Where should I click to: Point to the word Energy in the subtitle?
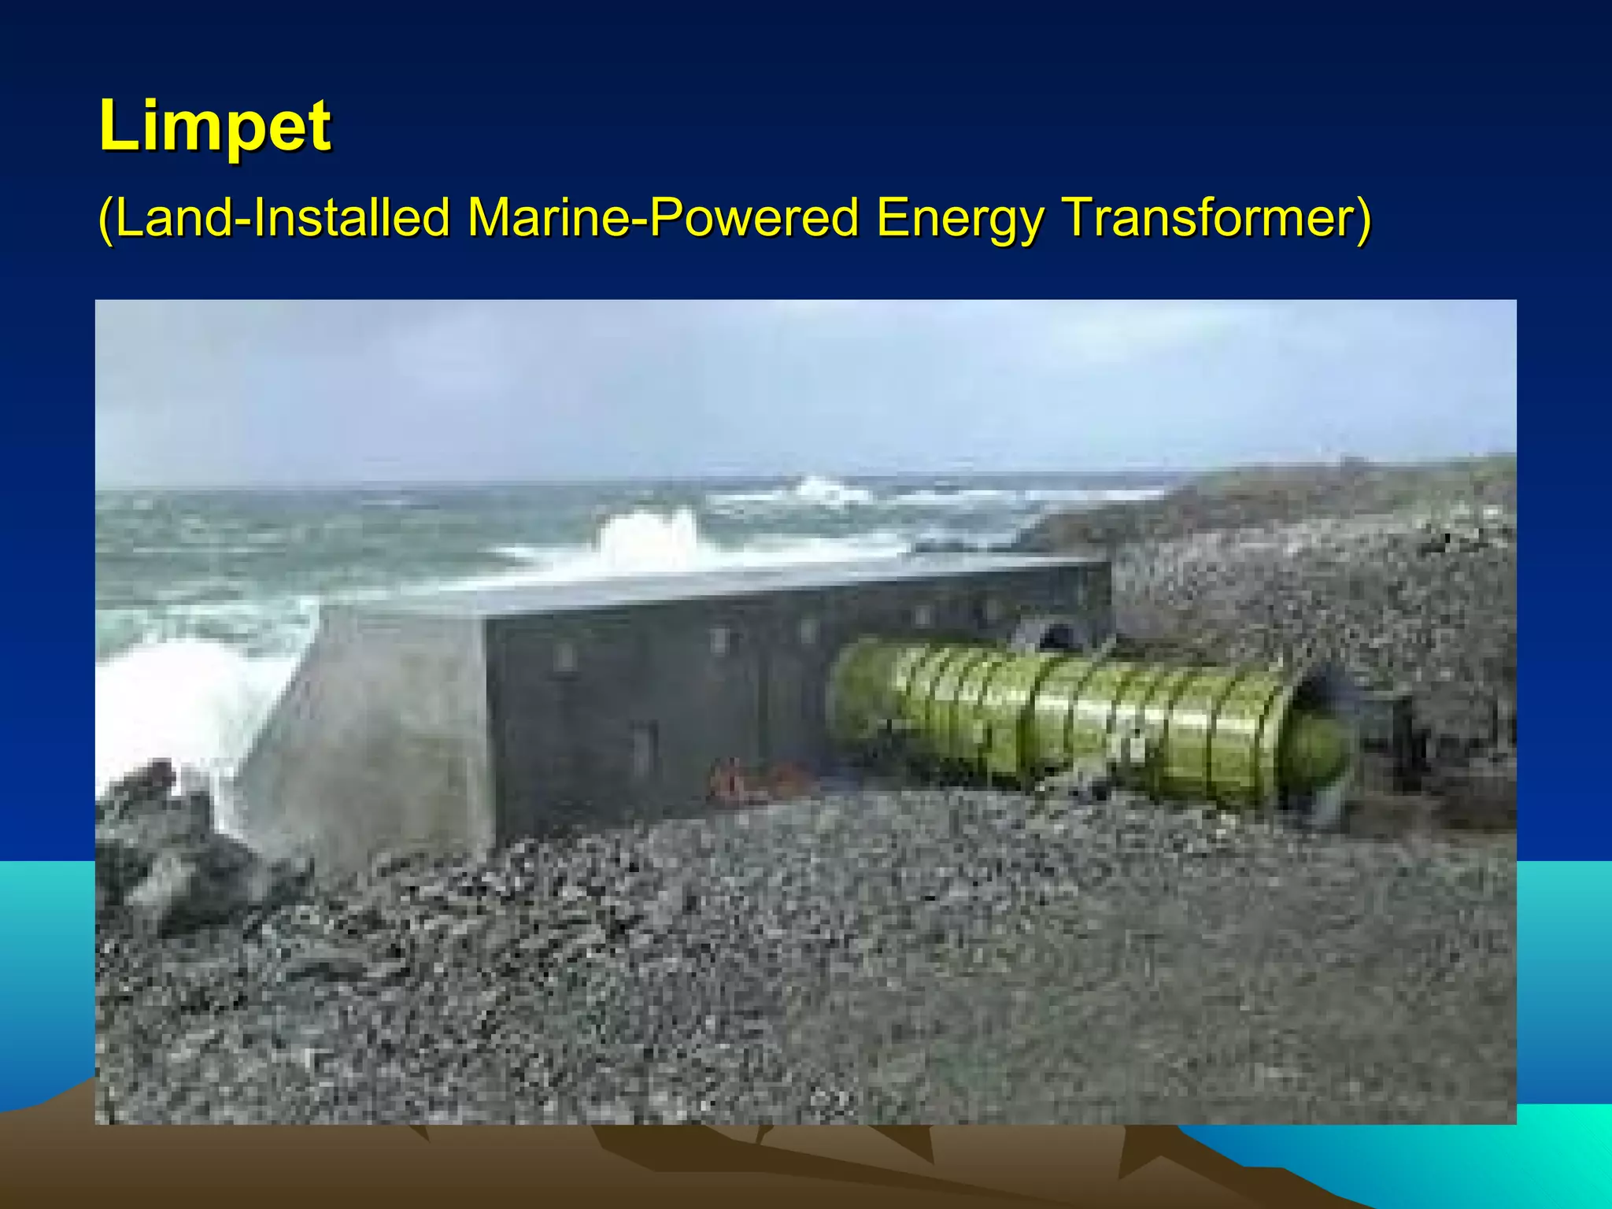point(959,219)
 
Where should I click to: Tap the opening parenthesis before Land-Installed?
point(106,219)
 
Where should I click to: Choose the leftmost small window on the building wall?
point(564,656)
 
